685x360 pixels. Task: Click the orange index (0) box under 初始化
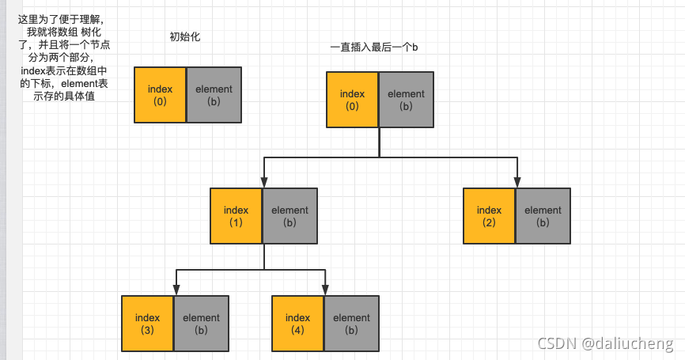point(160,95)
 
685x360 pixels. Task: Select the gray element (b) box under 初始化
point(213,95)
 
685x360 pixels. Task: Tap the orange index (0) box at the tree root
point(352,100)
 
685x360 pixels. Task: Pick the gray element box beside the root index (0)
point(406,100)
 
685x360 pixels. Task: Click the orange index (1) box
point(236,216)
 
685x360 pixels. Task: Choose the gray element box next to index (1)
point(290,216)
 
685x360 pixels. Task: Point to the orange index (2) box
point(489,216)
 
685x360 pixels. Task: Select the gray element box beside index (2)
point(543,216)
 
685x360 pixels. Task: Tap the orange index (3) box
point(147,324)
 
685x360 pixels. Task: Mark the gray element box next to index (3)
point(201,324)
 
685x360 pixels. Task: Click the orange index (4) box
point(297,324)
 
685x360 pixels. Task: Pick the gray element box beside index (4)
point(351,324)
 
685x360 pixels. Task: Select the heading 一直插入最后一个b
point(373,48)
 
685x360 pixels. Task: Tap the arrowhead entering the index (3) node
point(175,290)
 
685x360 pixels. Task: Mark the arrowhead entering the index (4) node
point(325,290)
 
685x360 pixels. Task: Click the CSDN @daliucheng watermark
point(605,343)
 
